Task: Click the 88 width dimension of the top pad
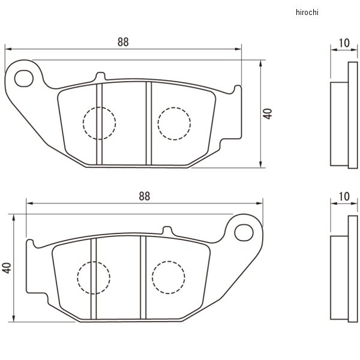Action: pos(122,42)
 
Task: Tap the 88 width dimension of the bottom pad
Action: pos(144,196)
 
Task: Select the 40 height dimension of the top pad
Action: pos(268,113)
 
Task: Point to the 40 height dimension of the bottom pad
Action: pos(7,268)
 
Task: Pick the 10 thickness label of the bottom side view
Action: pos(344,196)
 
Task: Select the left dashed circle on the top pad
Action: pos(98,123)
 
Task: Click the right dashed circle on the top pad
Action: pos(174,123)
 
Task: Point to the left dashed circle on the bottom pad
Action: pos(93,277)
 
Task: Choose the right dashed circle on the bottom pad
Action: pos(168,277)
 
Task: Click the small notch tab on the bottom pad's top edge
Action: pos(167,230)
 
